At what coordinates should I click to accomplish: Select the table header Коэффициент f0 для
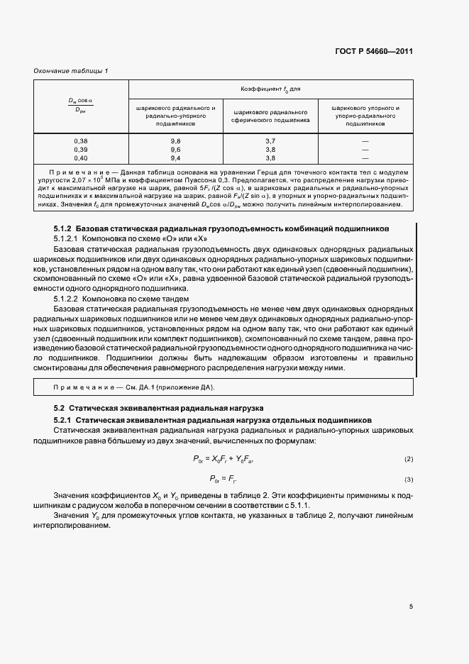pos(270,89)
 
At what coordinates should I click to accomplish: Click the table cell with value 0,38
pos(81,142)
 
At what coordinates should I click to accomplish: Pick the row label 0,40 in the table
pos(81,157)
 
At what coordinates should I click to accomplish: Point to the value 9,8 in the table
pos(175,142)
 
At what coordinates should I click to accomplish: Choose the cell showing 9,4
pos(175,157)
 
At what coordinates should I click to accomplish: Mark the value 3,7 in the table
pos(270,142)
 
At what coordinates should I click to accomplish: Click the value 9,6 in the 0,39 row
pos(175,150)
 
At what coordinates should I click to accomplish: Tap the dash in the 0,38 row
pos(365,142)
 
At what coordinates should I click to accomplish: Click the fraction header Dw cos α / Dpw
pos(81,104)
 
